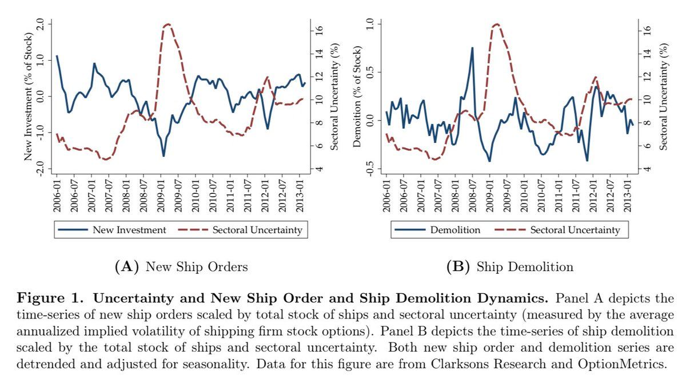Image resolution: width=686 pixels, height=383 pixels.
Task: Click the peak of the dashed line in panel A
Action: (x=167, y=24)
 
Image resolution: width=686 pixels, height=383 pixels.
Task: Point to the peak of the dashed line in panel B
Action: (x=496, y=24)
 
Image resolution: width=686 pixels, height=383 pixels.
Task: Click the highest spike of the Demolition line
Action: (x=472, y=48)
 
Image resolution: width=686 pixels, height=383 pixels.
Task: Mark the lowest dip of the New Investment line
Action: (x=163, y=156)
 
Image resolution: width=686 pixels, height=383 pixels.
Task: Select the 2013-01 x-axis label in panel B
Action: (x=628, y=194)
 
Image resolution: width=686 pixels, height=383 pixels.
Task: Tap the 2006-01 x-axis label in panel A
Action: (x=57, y=194)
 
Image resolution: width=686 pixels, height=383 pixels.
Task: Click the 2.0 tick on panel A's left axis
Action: (x=39, y=24)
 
